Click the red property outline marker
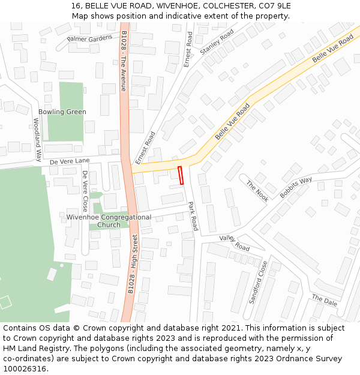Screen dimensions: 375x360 [x=181, y=175]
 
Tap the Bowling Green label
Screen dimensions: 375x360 [x=62, y=112]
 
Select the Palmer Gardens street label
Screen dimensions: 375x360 [x=89, y=39]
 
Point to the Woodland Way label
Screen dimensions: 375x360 [x=37, y=140]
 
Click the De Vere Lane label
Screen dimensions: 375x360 [x=70, y=161]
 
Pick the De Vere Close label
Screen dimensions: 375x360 [x=85, y=191]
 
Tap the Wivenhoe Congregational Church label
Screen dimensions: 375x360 [x=109, y=221]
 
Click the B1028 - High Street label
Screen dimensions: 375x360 [x=133, y=263]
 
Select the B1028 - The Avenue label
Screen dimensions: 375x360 [x=124, y=61]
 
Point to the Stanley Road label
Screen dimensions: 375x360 [x=217, y=44]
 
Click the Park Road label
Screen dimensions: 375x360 [x=193, y=216]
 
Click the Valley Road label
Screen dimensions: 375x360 [x=235, y=243]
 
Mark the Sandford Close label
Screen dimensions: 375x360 [x=258, y=282]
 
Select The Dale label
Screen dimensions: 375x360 [x=325, y=299]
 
